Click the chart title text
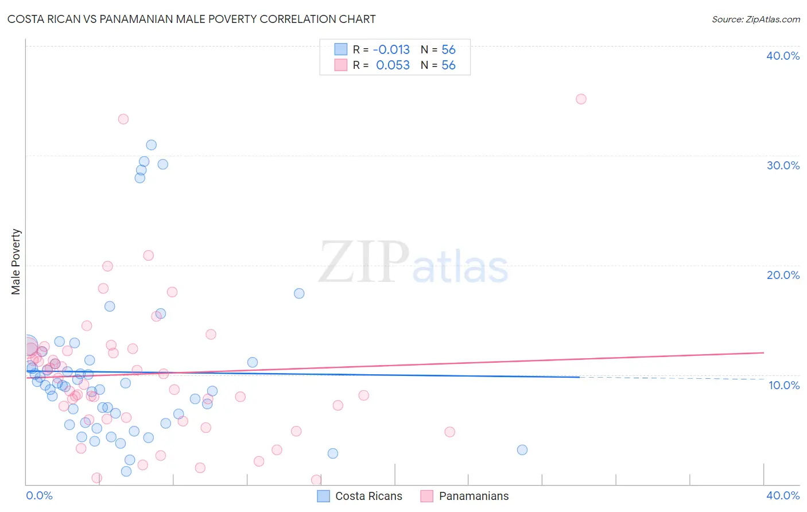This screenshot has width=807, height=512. pyautogui.click(x=192, y=19)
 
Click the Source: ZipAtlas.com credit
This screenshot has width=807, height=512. pyautogui.click(x=755, y=19)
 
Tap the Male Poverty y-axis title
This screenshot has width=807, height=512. pyautogui.click(x=16, y=262)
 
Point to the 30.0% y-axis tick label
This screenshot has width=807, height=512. pyautogui.click(x=782, y=165)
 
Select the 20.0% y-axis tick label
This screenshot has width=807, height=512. pyautogui.click(x=782, y=275)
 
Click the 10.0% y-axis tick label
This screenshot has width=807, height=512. pyautogui.click(x=783, y=385)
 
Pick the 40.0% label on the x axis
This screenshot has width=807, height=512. pyautogui.click(x=782, y=495)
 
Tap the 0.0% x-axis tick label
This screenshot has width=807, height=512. pyautogui.click(x=40, y=495)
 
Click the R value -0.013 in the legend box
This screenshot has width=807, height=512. pyautogui.click(x=391, y=50)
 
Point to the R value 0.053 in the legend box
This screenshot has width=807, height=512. pyautogui.click(x=393, y=65)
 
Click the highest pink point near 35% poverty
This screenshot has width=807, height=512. pyautogui.click(x=581, y=99)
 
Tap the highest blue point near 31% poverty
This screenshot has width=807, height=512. pyautogui.click(x=151, y=145)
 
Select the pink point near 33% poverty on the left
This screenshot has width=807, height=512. pyautogui.click(x=123, y=119)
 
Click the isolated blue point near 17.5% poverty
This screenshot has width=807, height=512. pyautogui.click(x=299, y=293)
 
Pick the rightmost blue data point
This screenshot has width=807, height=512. pyautogui.click(x=522, y=449)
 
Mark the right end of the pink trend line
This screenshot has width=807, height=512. pyautogui.click(x=763, y=352)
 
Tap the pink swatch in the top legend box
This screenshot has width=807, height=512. pyautogui.click(x=341, y=65)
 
